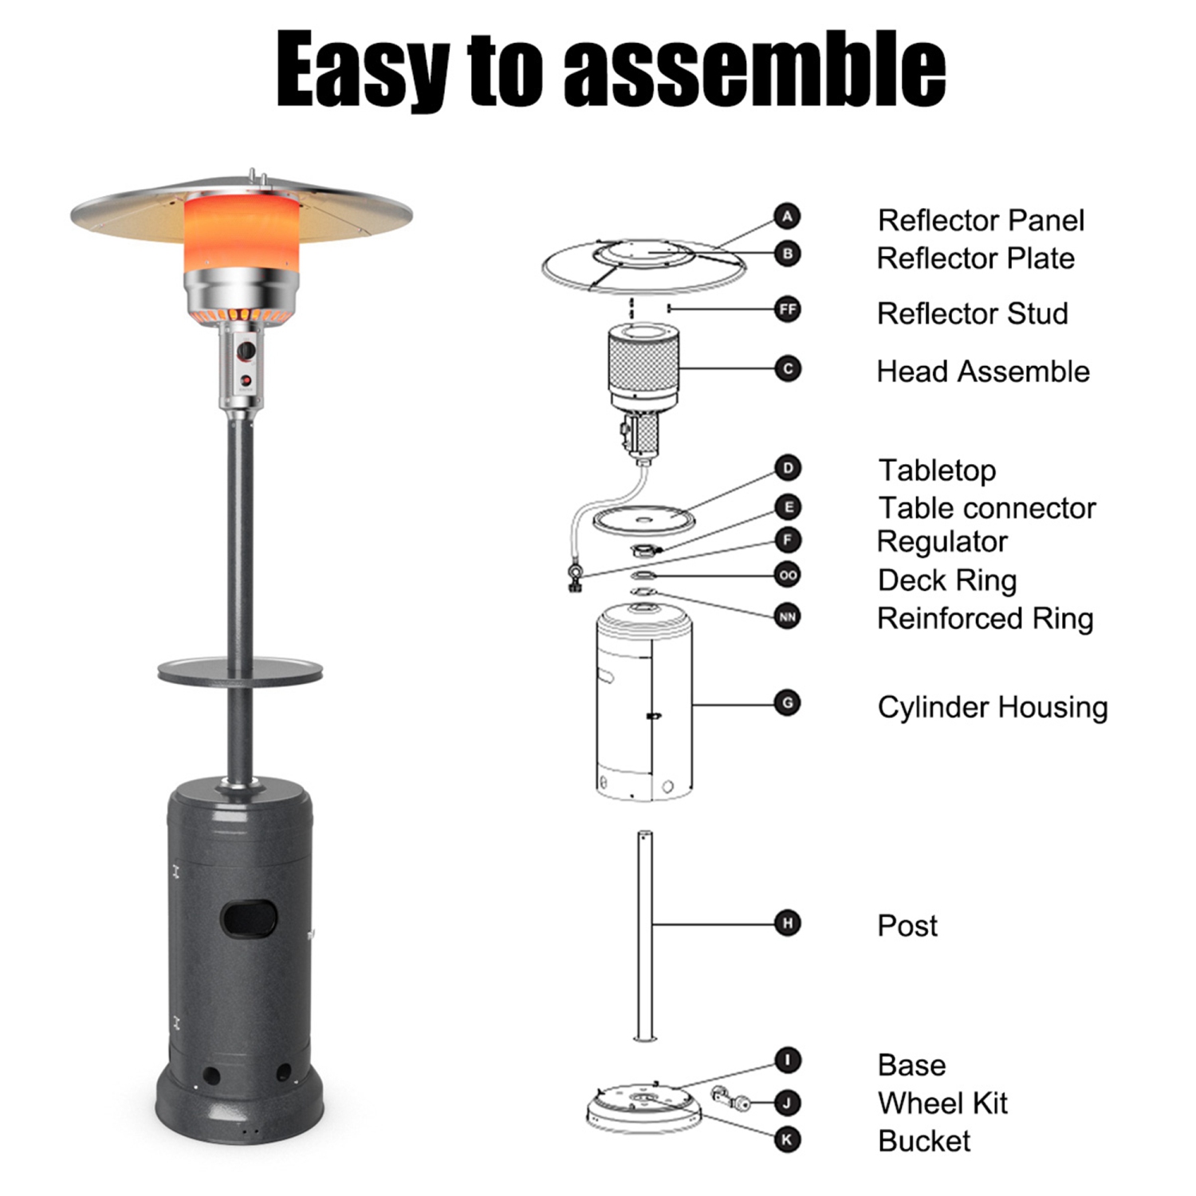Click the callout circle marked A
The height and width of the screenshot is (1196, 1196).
coord(787,216)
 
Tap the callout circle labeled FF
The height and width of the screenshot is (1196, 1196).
coord(787,309)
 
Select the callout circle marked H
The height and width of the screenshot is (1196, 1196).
coord(787,923)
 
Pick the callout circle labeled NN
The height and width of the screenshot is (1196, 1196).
coord(787,616)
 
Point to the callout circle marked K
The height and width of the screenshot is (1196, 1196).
coord(787,1139)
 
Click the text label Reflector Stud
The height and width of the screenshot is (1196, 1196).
coord(972,313)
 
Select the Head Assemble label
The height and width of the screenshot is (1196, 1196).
coord(982,372)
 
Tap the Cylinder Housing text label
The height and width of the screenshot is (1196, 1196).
coord(992,707)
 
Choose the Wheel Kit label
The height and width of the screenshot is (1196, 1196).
coord(942,1104)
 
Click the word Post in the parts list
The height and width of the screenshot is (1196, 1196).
coord(907,926)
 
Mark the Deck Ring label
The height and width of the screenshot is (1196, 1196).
coord(946,580)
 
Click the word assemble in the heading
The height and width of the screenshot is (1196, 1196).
coord(754,69)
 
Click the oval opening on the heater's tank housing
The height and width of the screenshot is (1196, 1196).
coord(249,919)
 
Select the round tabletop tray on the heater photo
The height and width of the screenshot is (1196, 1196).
coord(240,672)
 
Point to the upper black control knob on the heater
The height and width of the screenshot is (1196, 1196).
coord(246,351)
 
